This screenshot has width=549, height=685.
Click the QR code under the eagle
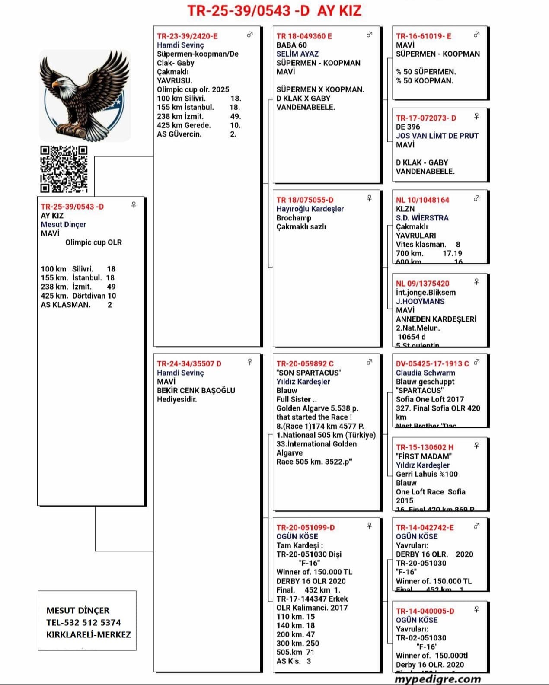(64, 169)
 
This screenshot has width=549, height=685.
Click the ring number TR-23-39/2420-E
(187, 36)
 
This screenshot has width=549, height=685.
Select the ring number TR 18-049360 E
(304, 36)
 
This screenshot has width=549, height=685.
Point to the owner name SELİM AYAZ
(297, 54)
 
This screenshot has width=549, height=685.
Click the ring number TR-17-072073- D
(426, 118)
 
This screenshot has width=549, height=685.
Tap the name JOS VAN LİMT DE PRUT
(437, 136)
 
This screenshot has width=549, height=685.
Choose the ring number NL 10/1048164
(422, 200)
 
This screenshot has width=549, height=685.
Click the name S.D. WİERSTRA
(422, 218)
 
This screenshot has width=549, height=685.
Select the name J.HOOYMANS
(420, 301)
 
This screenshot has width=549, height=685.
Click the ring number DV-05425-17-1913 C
(432, 364)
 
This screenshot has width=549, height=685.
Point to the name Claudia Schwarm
(425, 373)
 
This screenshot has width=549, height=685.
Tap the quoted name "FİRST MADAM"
(424, 456)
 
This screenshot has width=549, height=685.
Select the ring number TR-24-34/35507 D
(189, 364)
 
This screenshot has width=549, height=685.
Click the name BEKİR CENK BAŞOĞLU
(196, 390)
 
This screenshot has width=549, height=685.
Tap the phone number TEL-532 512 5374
(83, 623)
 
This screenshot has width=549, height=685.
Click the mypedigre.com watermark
(437, 679)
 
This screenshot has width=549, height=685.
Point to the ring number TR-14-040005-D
(425, 611)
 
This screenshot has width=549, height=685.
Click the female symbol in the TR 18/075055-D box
(369, 198)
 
